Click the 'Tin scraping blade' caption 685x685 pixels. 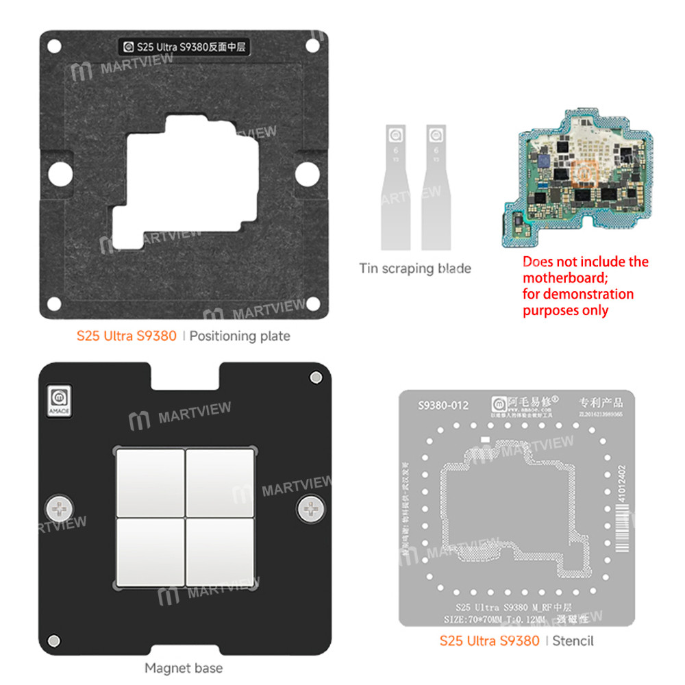[415, 268]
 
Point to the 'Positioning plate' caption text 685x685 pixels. [240, 336]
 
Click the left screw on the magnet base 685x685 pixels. [58, 508]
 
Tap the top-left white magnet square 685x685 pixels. [151, 483]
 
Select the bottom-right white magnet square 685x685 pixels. [221, 553]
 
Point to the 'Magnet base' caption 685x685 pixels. [184, 667]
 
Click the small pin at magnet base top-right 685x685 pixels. [315, 377]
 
